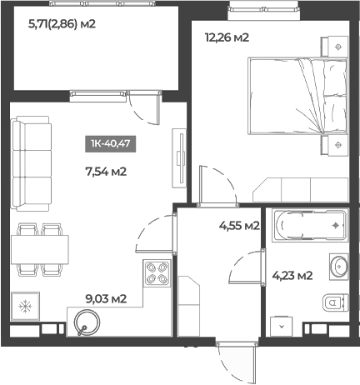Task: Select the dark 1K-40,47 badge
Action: point(112,143)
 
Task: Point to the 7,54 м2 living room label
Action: point(106,172)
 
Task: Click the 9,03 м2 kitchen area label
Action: point(106,297)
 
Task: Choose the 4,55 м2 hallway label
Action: point(239,225)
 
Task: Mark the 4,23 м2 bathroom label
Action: point(292,276)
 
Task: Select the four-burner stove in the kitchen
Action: point(157,273)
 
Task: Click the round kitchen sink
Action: point(86,320)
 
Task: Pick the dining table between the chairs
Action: point(39,247)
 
